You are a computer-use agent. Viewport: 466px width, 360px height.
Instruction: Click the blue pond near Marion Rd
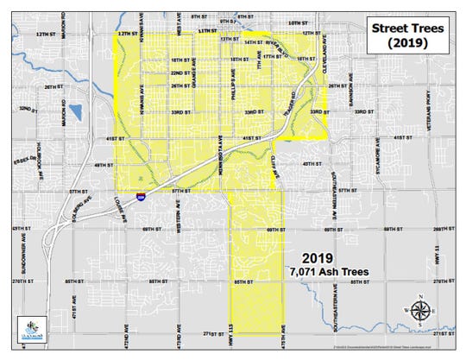(x=74, y=112)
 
